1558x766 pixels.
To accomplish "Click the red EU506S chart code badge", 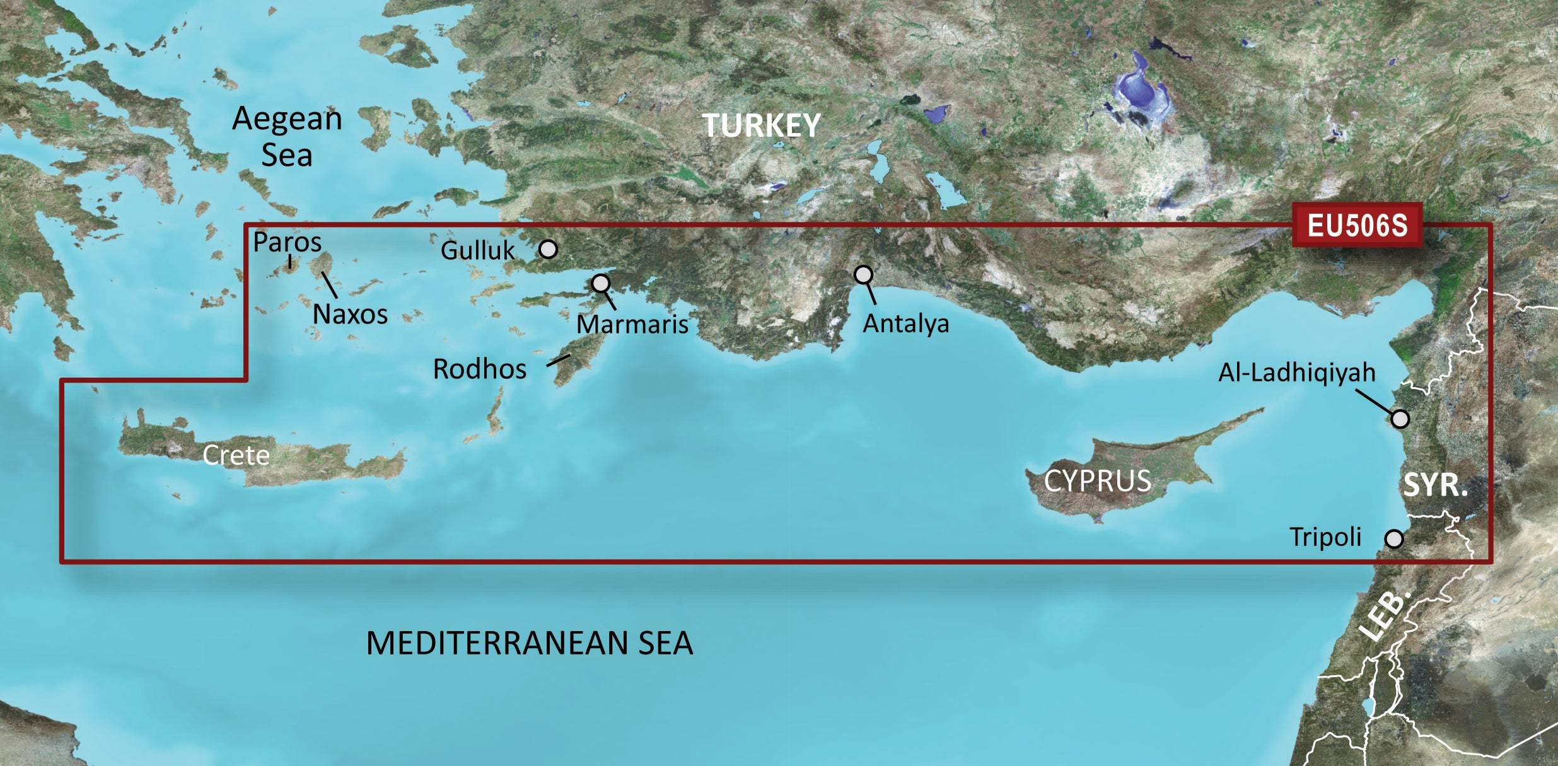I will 1356,225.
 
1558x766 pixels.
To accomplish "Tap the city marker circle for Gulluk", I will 549,250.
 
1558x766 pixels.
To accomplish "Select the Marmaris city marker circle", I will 601,283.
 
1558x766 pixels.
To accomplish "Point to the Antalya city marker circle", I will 863,274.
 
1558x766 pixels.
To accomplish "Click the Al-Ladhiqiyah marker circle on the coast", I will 1400,419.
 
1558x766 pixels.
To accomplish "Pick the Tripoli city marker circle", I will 1394,539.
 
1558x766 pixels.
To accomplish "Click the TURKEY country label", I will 761,125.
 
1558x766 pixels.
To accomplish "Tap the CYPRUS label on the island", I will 1097,482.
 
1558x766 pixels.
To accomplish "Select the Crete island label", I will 236,455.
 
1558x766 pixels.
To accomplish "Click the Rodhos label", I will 479,369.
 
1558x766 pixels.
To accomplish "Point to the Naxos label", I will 350,314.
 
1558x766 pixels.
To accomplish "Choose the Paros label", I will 287,242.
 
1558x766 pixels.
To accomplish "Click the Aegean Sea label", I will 287,136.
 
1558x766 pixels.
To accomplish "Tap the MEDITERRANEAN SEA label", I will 530,644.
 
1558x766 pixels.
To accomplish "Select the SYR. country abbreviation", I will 1435,485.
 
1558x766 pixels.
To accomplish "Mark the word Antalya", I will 905,324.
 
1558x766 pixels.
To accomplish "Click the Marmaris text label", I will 632,325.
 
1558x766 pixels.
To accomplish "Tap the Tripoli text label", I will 1325,537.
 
